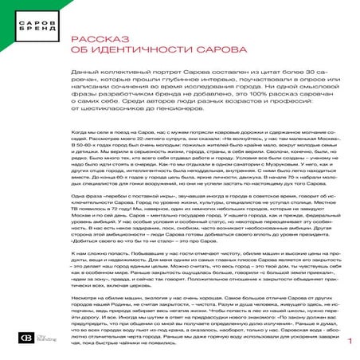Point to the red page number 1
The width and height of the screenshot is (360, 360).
(x=349, y=342)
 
